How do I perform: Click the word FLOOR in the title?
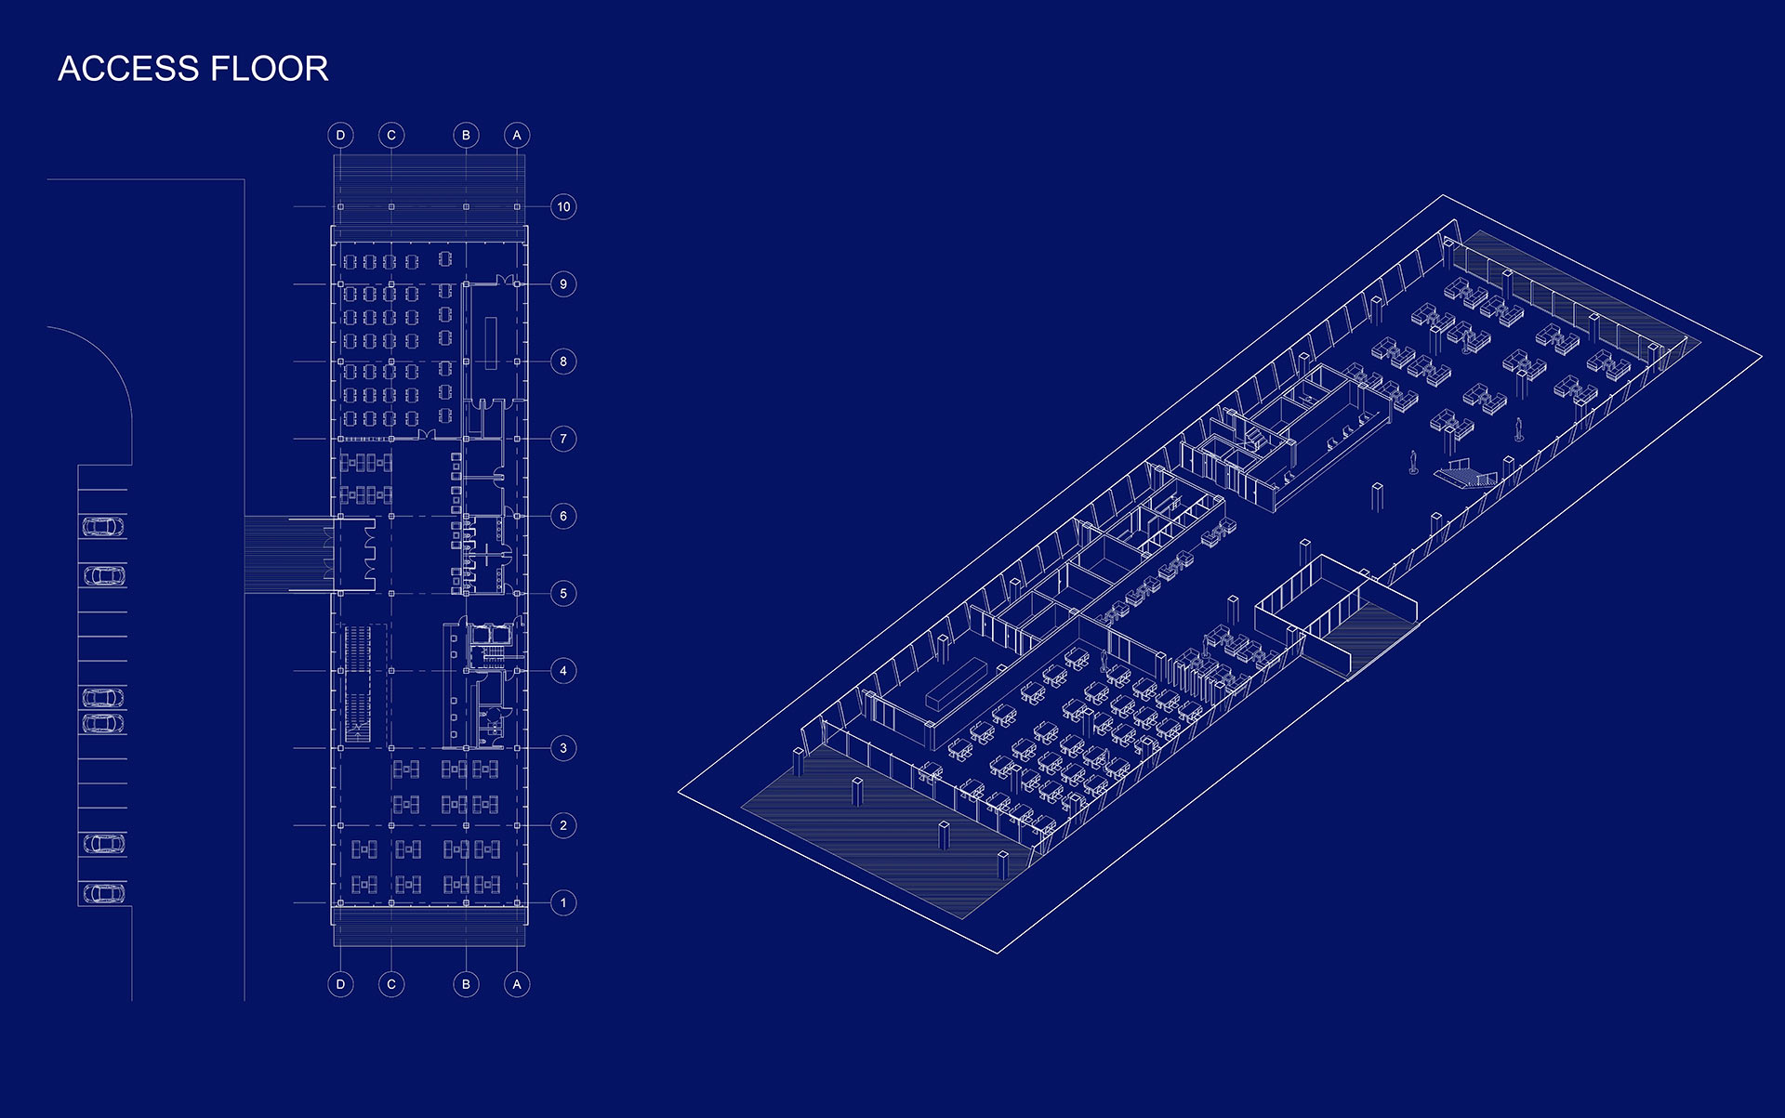[x=270, y=69]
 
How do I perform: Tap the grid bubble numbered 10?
[x=563, y=206]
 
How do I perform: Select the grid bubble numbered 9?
[x=563, y=283]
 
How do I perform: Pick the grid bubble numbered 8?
[x=563, y=362]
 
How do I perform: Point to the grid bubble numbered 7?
[x=563, y=439]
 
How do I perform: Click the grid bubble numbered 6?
[x=563, y=516]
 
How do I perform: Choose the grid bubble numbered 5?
[x=563, y=593]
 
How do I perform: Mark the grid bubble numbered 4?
[x=563, y=671]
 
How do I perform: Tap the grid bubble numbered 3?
[x=563, y=748]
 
